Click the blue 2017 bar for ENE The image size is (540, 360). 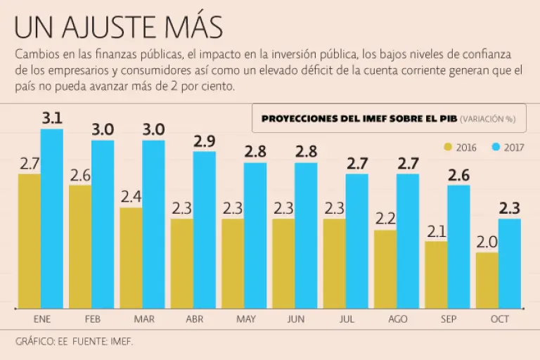click(x=52, y=218)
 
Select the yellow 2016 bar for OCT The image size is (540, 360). click(x=487, y=280)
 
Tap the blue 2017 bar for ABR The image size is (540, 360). click(x=205, y=229)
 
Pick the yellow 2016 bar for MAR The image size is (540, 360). click(x=131, y=257)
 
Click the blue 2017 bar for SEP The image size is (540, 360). click(x=458, y=246)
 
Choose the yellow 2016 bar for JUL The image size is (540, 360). click(x=334, y=263)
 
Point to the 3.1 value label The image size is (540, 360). click(x=52, y=118)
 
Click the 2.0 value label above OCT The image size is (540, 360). click(x=487, y=242)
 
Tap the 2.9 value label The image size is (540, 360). click(x=205, y=141)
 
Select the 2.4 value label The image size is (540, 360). click(x=131, y=197)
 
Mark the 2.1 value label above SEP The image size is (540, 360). click(x=436, y=231)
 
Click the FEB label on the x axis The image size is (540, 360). click(x=93, y=319)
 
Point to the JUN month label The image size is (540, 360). click(x=296, y=319)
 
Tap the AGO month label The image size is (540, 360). click(x=398, y=319)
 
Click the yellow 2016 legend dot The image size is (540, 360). click(x=448, y=147)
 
